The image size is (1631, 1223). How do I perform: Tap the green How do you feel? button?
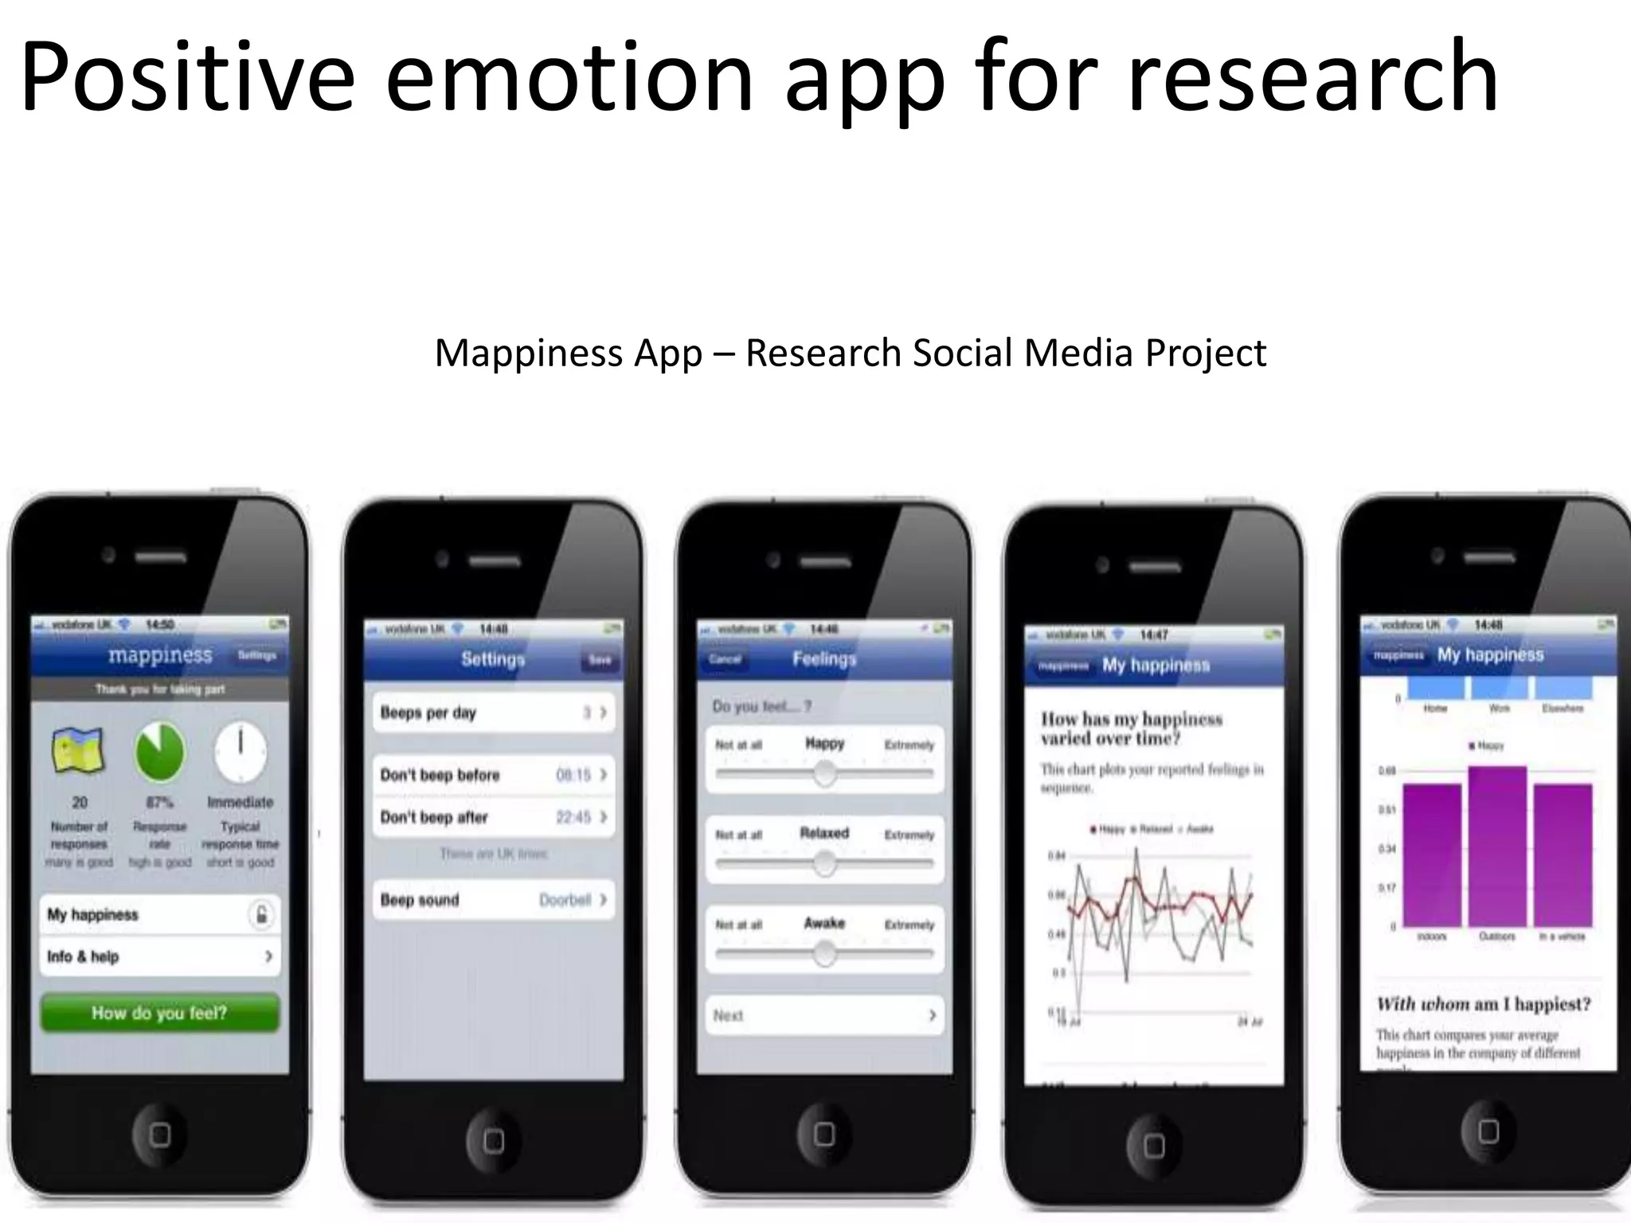(159, 1013)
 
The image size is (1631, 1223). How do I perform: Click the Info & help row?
(159, 956)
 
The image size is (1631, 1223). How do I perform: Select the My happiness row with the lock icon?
(159, 915)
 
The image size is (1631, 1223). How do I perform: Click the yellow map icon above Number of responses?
(78, 751)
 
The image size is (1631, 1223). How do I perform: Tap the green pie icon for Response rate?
(159, 751)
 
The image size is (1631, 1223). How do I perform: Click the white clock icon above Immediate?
(241, 751)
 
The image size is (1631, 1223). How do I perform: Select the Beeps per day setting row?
(493, 713)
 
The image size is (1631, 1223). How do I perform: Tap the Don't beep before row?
(493, 775)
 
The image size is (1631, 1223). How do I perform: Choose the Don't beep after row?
(493, 817)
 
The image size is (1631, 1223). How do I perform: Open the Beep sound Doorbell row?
(493, 900)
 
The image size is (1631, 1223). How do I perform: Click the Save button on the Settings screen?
(600, 659)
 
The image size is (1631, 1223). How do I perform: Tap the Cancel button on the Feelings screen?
(725, 659)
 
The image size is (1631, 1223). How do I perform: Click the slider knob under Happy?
(825, 772)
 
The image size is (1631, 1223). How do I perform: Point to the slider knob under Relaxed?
(825, 862)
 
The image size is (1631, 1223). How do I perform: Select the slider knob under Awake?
(825, 952)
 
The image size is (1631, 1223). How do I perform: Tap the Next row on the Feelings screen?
(824, 1015)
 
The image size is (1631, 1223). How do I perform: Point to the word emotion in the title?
(569, 78)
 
